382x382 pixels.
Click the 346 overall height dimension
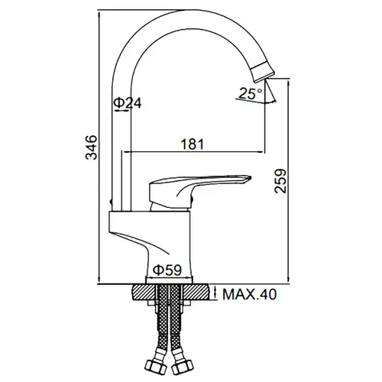(92, 147)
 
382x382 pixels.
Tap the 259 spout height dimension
(280, 181)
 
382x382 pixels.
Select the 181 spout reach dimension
(193, 144)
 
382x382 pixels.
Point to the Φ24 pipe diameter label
(127, 103)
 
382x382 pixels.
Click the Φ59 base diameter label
(168, 270)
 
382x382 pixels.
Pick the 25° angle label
(251, 93)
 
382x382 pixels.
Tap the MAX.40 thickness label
(249, 294)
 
